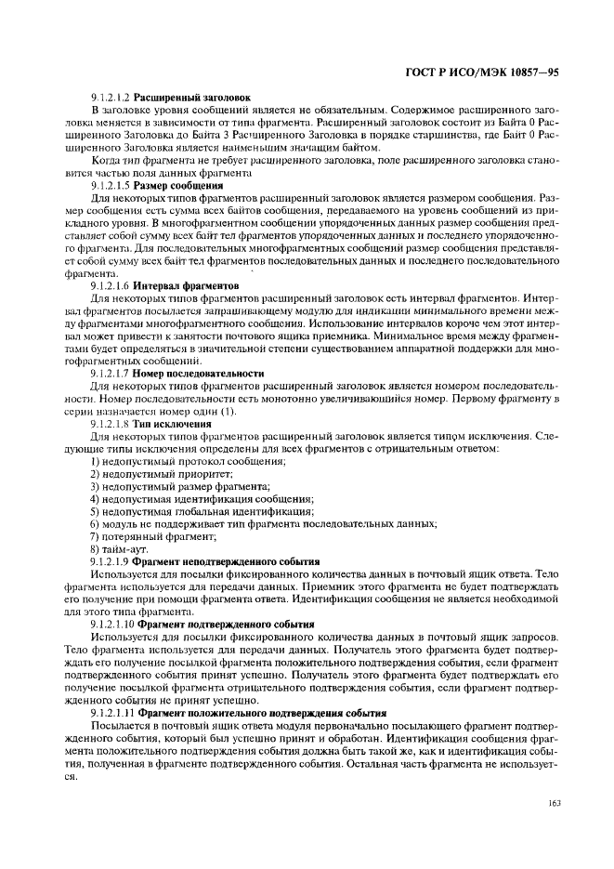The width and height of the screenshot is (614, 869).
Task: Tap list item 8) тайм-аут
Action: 119,550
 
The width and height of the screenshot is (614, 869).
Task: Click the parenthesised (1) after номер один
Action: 227,411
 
